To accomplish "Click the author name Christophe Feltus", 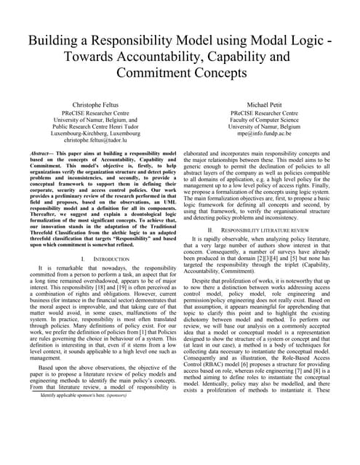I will [x=96, y=105].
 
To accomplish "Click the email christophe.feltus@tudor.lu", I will [x=96, y=140].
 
